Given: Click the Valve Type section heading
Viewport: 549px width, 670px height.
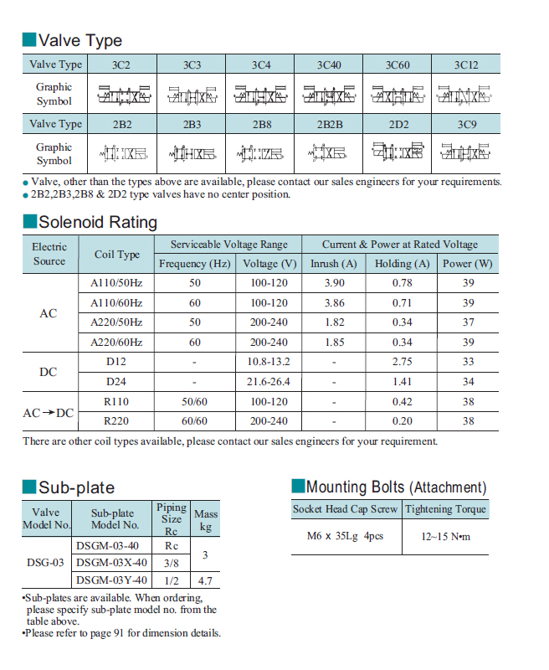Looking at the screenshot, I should [x=80, y=40].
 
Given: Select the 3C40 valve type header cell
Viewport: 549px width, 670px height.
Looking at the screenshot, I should [x=329, y=64].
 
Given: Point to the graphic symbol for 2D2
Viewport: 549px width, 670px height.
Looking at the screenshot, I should [x=398, y=153].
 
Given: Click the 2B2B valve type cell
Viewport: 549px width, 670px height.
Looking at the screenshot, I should [x=329, y=124].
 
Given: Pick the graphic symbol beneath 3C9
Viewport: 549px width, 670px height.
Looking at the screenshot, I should [x=465, y=153].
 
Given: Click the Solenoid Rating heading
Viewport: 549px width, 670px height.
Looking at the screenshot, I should [x=97, y=222].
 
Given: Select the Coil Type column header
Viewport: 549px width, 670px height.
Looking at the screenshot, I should [x=117, y=255].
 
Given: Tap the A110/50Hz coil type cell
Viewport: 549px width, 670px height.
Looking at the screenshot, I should [x=116, y=283].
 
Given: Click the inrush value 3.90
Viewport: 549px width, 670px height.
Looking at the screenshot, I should [x=334, y=283].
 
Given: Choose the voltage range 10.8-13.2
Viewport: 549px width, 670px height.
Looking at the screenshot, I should [x=268, y=362].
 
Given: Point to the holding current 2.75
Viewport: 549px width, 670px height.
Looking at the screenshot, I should [x=402, y=362].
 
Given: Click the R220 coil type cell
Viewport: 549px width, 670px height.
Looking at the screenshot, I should [x=116, y=420].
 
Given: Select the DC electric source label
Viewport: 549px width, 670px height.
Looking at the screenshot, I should [x=49, y=372].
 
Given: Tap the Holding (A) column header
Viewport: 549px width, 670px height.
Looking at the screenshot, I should [x=402, y=264].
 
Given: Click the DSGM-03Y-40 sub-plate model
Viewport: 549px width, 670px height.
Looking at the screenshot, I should [x=111, y=580].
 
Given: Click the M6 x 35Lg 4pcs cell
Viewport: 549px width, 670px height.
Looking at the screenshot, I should [x=344, y=536].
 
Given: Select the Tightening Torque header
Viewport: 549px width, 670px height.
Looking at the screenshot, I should [x=445, y=509].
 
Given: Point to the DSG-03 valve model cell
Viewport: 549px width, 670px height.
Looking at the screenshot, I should [x=45, y=563].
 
